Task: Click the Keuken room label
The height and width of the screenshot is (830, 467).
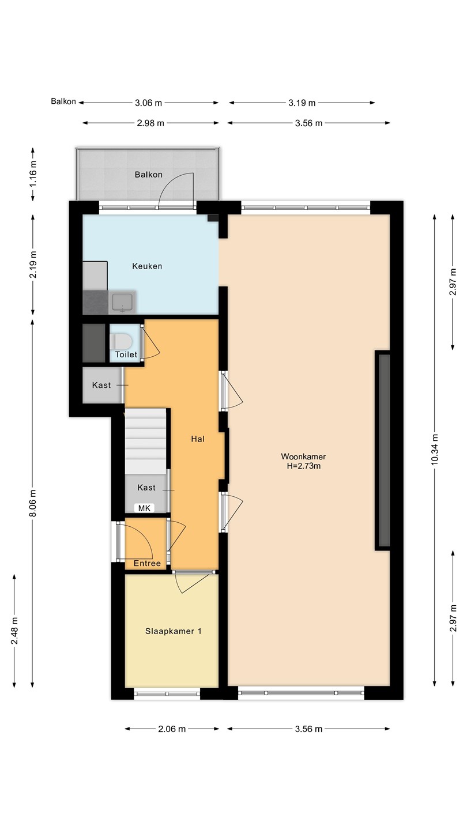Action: click(147, 266)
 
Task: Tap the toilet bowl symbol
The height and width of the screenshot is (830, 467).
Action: click(121, 341)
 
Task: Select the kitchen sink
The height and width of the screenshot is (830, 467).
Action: click(122, 303)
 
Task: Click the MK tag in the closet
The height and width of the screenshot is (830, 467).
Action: click(144, 508)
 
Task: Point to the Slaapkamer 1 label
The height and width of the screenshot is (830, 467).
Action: click(174, 631)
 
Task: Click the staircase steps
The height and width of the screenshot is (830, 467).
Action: click(146, 441)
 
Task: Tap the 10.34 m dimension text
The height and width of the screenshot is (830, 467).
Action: click(435, 450)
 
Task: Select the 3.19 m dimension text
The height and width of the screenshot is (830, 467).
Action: click(302, 103)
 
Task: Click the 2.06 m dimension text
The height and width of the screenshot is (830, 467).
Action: click(172, 729)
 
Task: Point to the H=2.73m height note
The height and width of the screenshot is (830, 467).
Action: click(303, 466)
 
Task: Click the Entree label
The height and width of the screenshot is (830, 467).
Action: click(147, 563)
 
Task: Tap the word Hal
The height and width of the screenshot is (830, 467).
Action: click(198, 439)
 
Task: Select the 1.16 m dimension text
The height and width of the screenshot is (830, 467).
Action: click(33, 173)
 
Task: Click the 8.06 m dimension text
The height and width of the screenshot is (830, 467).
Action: click(33, 503)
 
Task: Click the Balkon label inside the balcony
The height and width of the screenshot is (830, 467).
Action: click(149, 175)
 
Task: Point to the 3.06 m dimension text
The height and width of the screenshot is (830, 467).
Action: click(148, 103)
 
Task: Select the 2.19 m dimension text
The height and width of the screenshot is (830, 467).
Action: click(33, 265)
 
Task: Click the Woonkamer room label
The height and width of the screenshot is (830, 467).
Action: click(303, 457)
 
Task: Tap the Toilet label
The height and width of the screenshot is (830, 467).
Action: click(126, 354)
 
